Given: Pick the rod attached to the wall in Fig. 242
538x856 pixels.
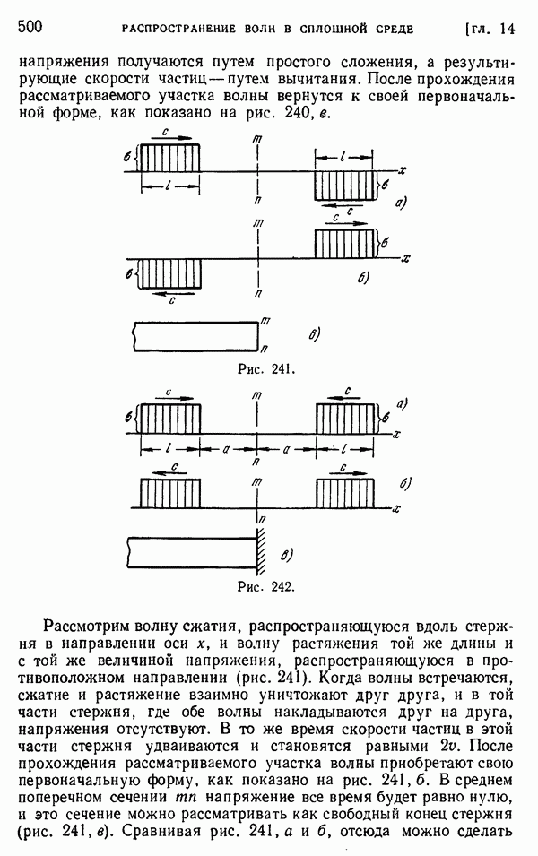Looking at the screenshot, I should pyautogui.click(x=192, y=550).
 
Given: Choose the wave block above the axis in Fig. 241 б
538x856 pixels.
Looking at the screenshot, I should pyautogui.click(x=346, y=243).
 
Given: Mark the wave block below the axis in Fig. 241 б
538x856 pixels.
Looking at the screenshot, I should pyautogui.click(x=168, y=273).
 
